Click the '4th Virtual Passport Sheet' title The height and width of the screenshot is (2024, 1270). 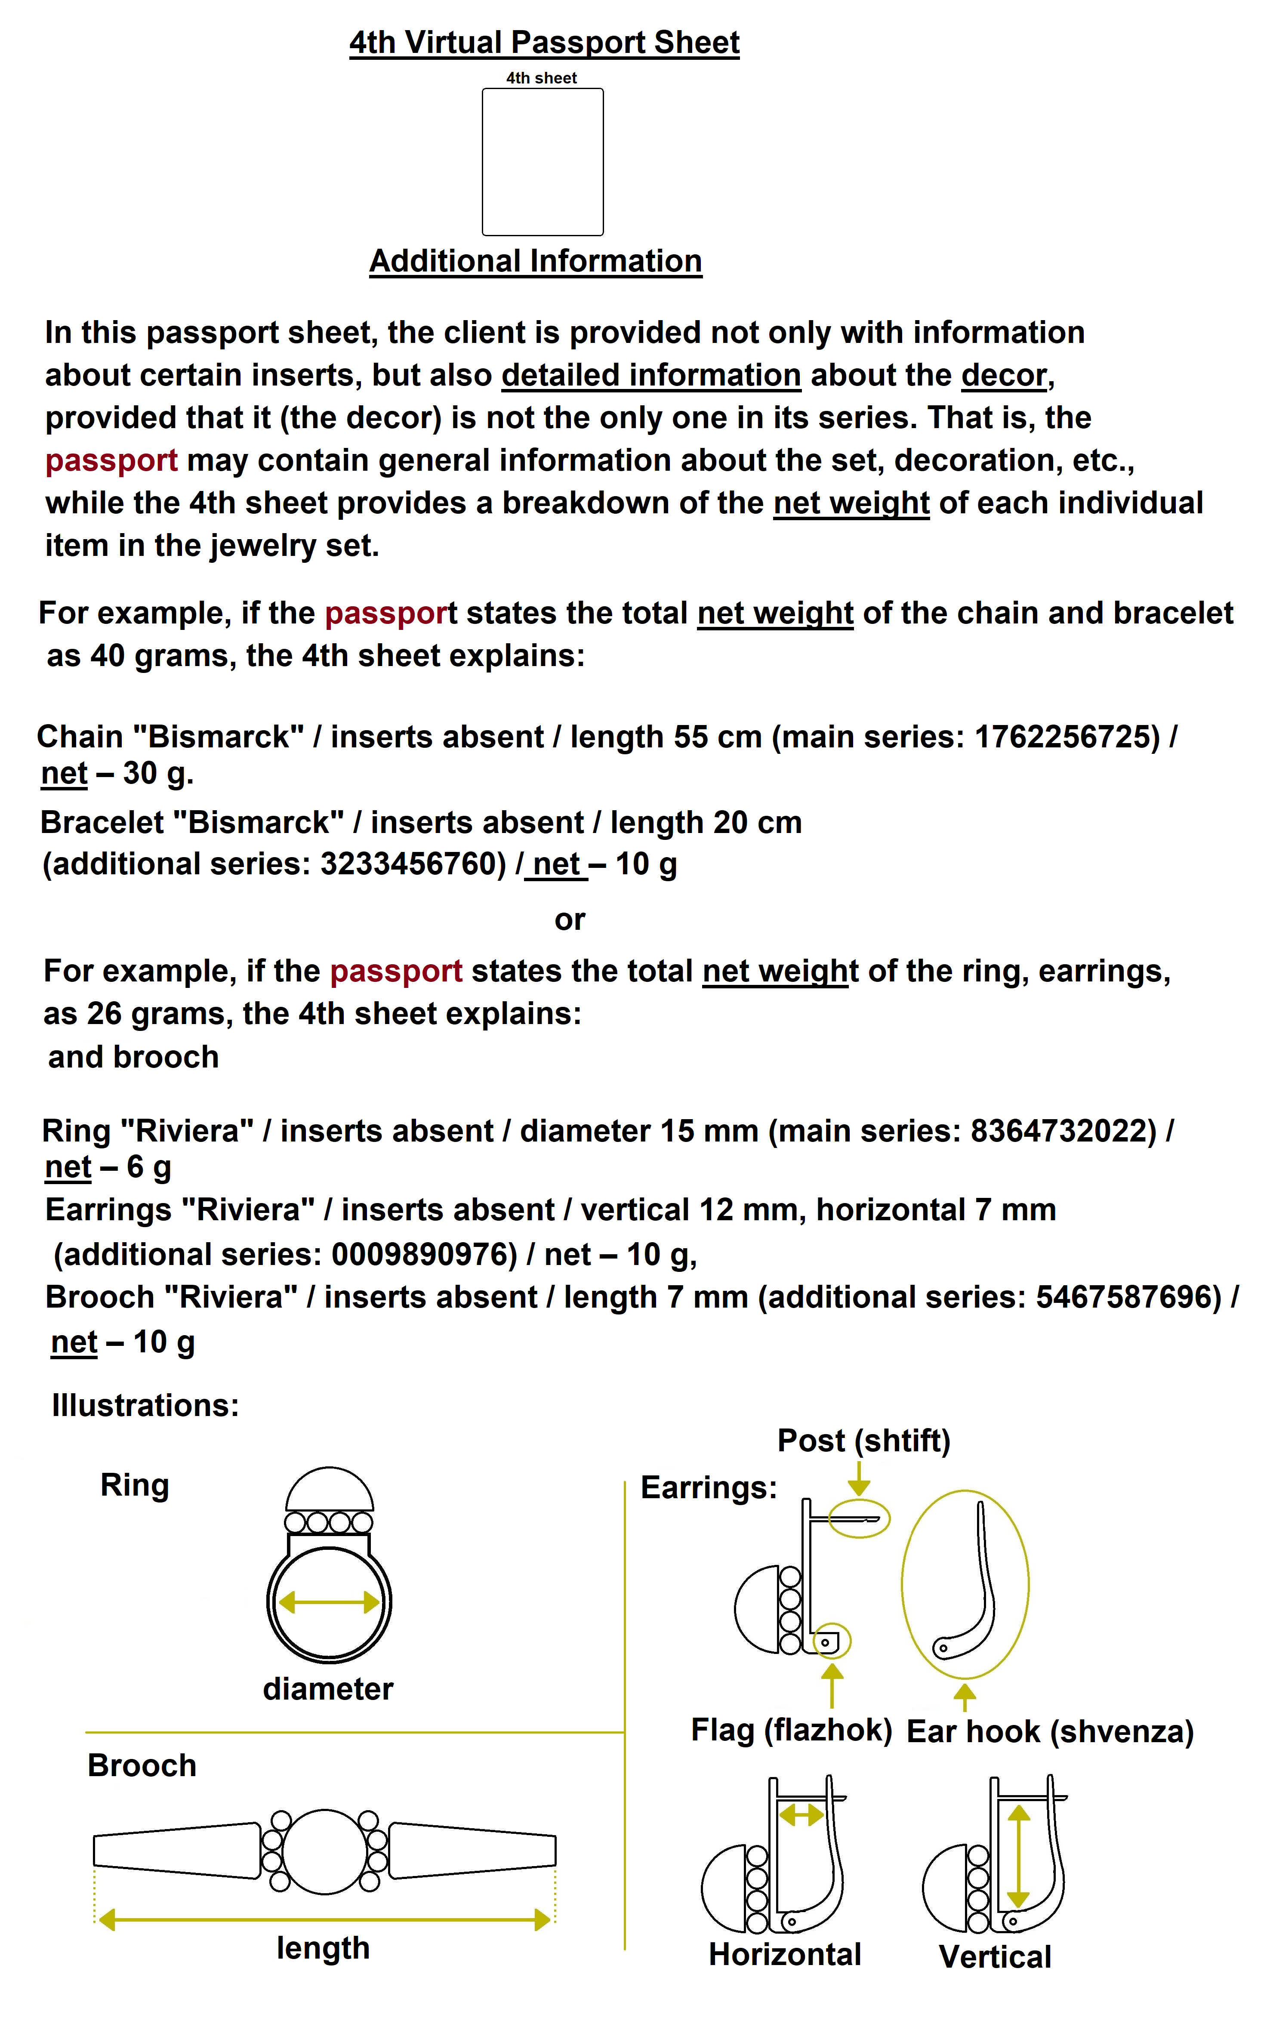click(x=544, y=42)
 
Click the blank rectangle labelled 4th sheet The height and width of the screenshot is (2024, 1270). click(x=543, y=162)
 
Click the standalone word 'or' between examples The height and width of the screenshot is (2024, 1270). click(x=570, y=919)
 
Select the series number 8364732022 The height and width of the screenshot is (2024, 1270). click(x=1063, y=1130)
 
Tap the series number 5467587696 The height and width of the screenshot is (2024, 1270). click(x=1128, y=1297)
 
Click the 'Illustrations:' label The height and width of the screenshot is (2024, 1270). click(x=145, y=1405)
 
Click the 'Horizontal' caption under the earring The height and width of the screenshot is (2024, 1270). click(x=785, y=1954)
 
